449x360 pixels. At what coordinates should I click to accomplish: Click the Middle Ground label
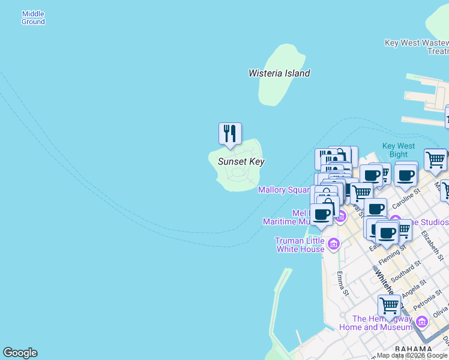[x=33, y=18]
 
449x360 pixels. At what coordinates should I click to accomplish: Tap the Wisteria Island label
[x=279, y=73]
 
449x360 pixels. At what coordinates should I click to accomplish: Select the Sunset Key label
[x=241, y=161]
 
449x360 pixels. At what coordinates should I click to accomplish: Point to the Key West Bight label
[x=399, y=150]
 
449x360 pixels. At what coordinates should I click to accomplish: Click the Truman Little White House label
[x=300, y=245]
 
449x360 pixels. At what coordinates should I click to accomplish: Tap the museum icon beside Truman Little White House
[x=334, y=244]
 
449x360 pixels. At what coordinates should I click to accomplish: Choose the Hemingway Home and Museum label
[x=376, y=323]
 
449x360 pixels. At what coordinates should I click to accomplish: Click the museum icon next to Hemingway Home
[x=421, y=323]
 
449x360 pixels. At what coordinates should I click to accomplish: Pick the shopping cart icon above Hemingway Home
[x=389, y=305]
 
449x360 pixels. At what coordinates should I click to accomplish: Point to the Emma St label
[x=342, y=284]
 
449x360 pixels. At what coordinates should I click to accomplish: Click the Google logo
[x=20, y=353]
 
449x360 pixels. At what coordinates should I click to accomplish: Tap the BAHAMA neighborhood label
[x=414, y=349]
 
